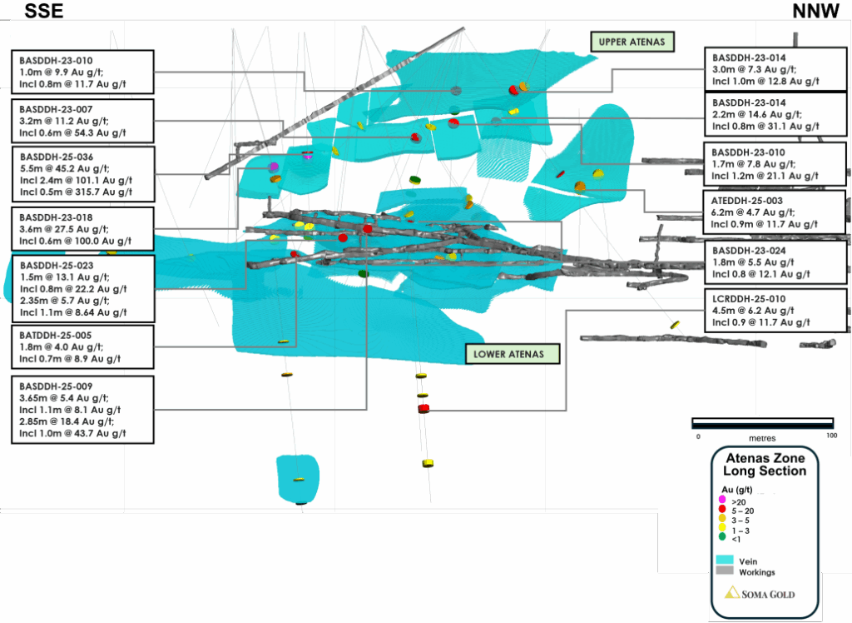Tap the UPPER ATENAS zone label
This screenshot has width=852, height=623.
pyautogui.click(x=632, y=42)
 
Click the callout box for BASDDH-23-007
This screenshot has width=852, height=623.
pyautogui.click(x=82, y=121)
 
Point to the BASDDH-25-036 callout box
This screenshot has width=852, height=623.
pyautogui.click(x=82, y=174)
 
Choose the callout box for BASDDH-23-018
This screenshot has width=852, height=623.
pyautogui.click(x=82, y=229)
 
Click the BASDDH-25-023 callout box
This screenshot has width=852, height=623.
pyautogui.click(x=82, y=288)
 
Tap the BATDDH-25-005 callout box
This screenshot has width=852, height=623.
pyautogui.click(x=82, y=346)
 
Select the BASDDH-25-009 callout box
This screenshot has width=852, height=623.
pyautogui.click(x=82, y=409)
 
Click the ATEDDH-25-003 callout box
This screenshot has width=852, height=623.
pyautogui.click(x=775, y=212)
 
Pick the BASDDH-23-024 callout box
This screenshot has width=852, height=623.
pyautogui.click(x=775, y=261)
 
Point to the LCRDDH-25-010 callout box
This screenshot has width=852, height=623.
pyautogui.click(x=775, y=310)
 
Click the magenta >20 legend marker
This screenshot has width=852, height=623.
pyautogui.click(x=722, y=499)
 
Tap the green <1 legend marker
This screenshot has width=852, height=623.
pyautogui.click(x=722, y=536)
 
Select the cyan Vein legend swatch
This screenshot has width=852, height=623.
pyautogui.click(x=726, y=560)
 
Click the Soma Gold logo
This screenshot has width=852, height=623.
pyautogui.click(x=760, y=593)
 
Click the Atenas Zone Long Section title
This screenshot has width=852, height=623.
pyautogui.click(x=765, y=465)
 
